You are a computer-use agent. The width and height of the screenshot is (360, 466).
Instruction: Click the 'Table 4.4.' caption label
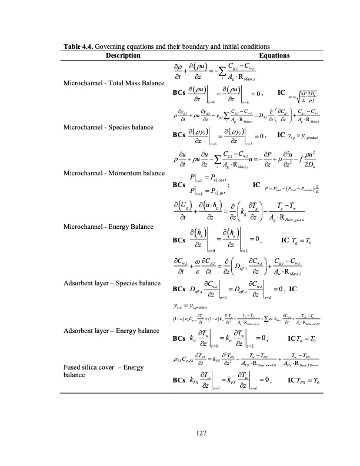click(78, 46)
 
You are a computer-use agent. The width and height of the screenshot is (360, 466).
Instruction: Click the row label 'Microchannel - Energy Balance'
click(109, 225)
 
